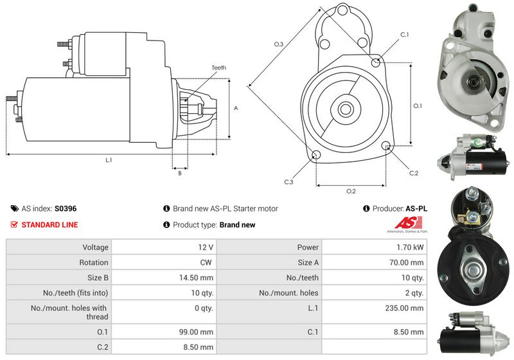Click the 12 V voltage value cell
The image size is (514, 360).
click(206, 247)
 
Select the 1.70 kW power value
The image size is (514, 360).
click(410, 247)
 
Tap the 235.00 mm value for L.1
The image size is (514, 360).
click(406, 308)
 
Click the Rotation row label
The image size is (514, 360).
click(94, 262)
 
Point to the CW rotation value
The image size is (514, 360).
click(206, 262)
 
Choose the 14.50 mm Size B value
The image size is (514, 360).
click(198, 278)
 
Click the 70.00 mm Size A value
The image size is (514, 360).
click(408, 262)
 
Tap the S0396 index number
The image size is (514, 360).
click(66, 209)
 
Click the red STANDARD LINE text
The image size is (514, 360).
click(49, 225)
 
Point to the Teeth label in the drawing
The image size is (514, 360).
click(218, 67)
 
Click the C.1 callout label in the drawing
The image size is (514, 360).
click(405, 34)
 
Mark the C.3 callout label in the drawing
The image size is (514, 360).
click(288, 182)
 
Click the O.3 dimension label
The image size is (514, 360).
click(278, 44)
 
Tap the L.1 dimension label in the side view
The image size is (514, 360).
click(109, 160)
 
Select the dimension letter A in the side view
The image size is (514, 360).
click(236, 108)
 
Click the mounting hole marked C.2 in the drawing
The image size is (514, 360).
click(386, 146)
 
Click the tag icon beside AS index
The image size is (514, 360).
click(14, 209)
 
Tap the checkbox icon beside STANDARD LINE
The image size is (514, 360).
click(14, 225)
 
